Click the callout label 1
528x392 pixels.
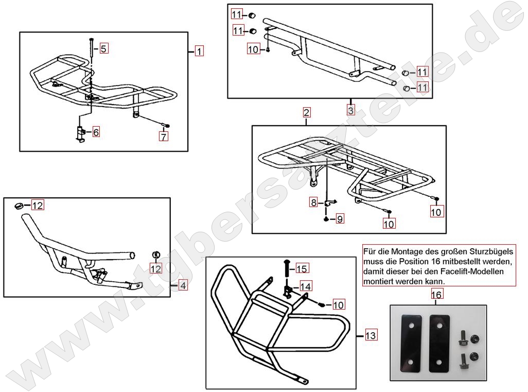199,51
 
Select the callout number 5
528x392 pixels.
103,49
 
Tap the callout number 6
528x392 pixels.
96,132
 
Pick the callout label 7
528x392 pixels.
163,137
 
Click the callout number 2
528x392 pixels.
306,112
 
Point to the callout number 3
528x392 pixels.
350,110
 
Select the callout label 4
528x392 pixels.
183,284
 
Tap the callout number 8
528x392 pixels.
313,203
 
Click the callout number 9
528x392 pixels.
340,219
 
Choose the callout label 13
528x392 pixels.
371,336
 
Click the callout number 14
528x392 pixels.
306,286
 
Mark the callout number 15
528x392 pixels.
302,268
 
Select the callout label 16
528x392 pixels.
436,295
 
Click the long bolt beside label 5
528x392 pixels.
91,51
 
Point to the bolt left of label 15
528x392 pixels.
287,268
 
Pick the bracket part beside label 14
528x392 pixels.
289,291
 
